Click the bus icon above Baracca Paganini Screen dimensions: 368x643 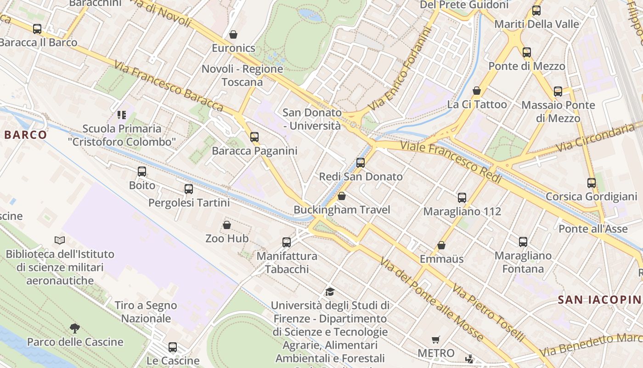point(254,137)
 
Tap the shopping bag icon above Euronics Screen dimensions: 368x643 point(233,34)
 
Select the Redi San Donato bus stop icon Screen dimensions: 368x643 point(361,162)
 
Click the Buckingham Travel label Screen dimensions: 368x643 point(342,210)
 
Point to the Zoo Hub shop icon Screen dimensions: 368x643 point(227,225)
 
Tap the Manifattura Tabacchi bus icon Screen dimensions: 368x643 point(287,242)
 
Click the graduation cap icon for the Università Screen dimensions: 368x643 point(329,292)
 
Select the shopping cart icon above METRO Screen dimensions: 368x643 point(436,339)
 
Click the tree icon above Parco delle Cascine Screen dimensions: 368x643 point(75,328)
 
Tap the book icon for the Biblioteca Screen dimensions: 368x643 point(60,240)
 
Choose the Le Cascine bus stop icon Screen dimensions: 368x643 point(173,347)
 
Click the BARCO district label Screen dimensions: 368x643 point(26,135)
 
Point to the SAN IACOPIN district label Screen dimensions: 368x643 point(599,300)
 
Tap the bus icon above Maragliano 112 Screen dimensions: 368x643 point(462,198)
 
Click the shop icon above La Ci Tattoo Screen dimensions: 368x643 point(477,91)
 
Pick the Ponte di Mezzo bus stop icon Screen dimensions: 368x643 point(527,52)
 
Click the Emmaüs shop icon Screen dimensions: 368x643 point(441,245)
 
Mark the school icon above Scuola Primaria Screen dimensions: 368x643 point(122,115)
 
